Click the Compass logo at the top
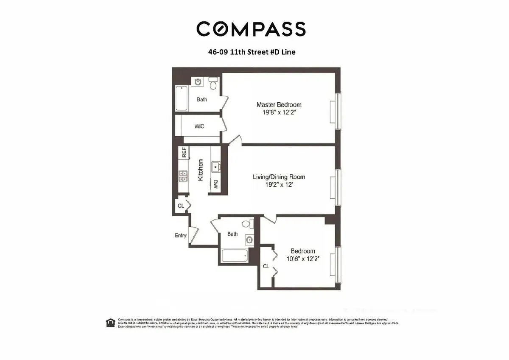251,29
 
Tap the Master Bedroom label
279,104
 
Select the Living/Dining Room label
279,177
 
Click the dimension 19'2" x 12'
279,186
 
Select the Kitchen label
201,170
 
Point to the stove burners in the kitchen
184,176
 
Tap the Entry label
181,235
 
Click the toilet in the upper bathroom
214,84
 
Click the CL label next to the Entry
181,206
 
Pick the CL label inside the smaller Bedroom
266,266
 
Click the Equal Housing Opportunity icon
110,323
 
